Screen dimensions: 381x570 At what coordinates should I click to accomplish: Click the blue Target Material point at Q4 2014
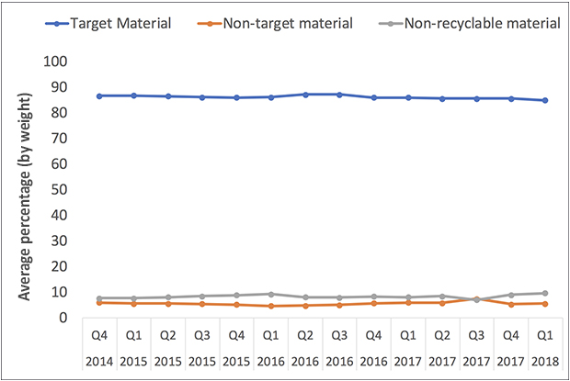(x=98, y=95)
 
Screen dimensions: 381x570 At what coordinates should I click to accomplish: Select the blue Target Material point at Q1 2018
(x=544, y=100)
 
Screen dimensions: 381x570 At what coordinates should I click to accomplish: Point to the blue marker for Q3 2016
(x=339, y=95)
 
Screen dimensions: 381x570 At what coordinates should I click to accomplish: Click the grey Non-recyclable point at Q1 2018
(x=544, y=293)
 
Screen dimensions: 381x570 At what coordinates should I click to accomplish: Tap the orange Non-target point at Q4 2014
(x=98, y=302)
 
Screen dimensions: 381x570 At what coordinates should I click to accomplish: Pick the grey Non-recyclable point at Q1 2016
(x=270, y=294)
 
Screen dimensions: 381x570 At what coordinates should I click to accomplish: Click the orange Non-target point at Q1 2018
(x=544, y=303)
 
